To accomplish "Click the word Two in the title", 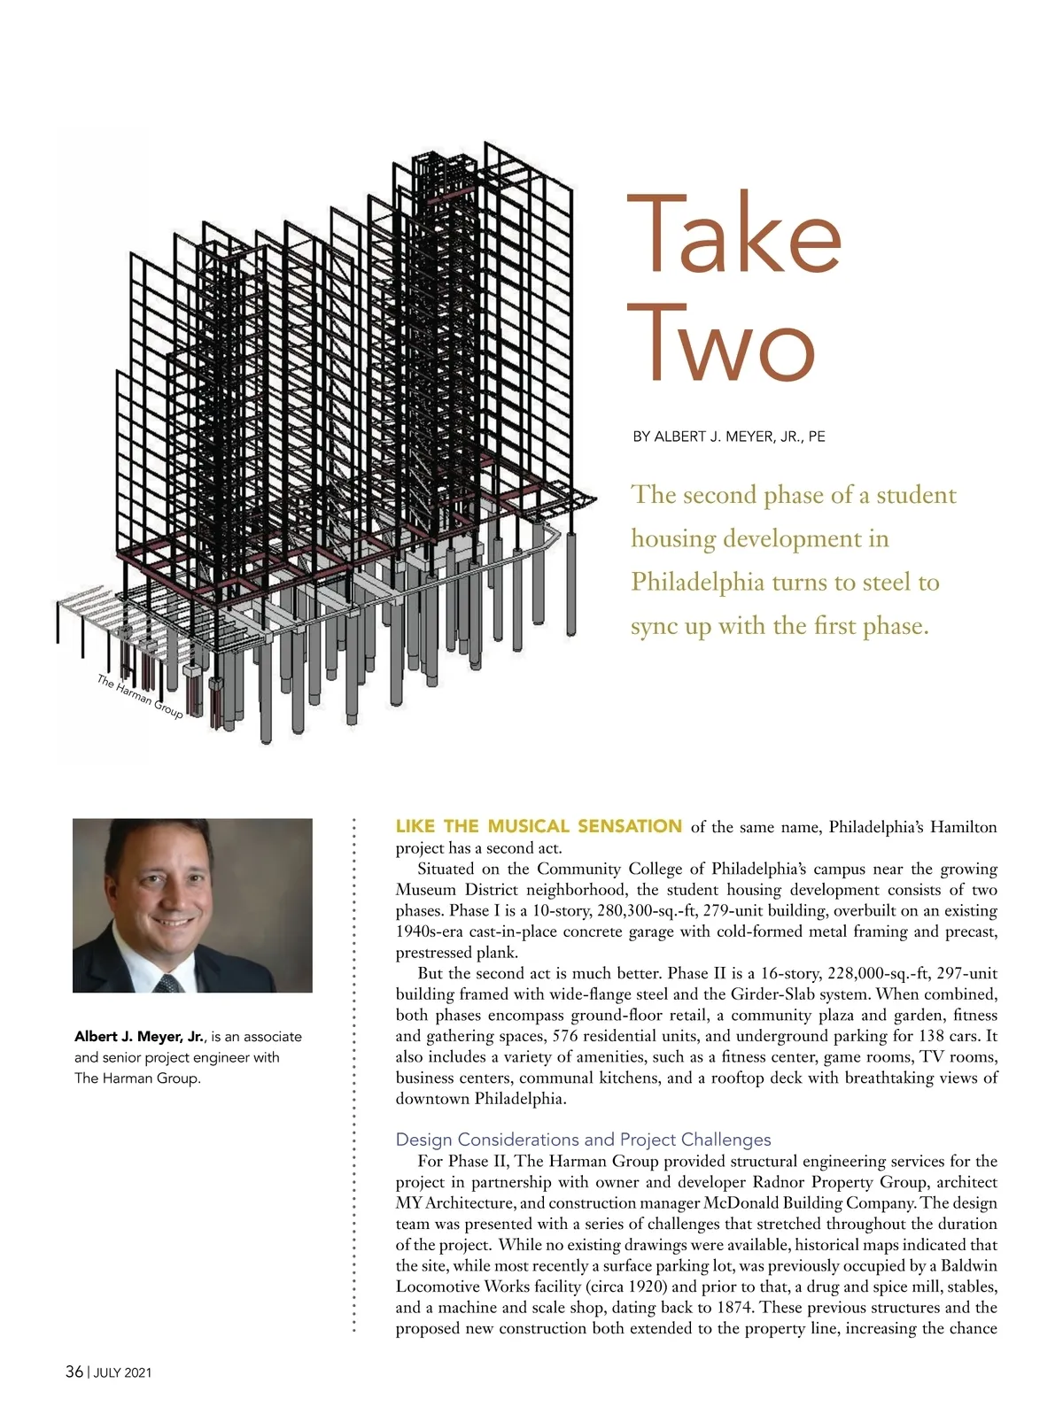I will point(721,344).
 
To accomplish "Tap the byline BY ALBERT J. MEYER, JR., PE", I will point(728,437).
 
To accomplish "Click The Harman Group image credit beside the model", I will point(139,697).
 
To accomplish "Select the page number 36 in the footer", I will point(74,1372).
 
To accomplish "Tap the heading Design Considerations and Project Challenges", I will point(583,1140).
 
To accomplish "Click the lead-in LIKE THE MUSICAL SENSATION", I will point(538,826).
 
